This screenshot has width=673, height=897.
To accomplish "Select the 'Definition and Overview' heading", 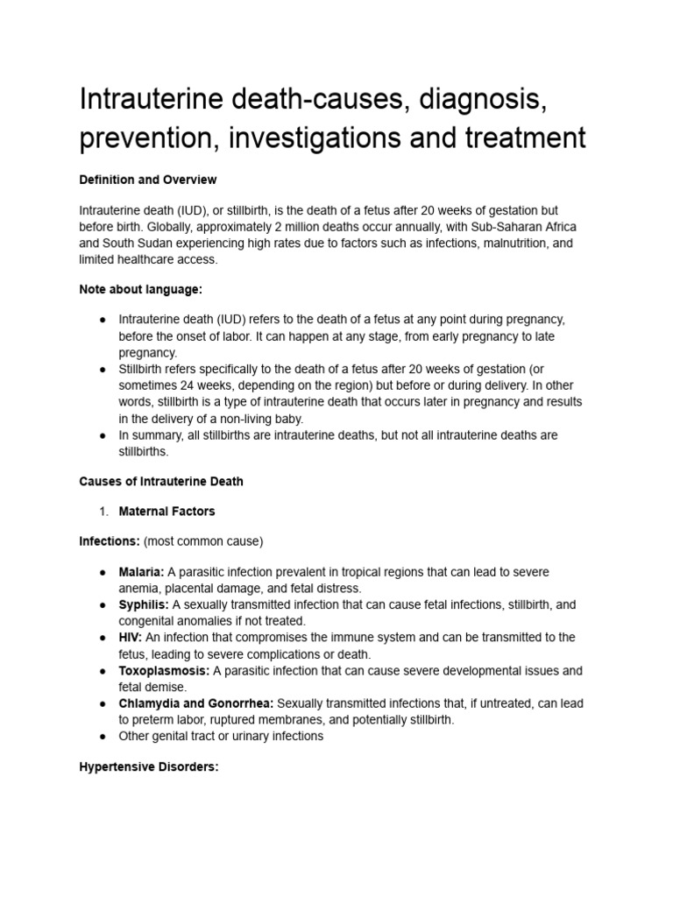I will point(147,180).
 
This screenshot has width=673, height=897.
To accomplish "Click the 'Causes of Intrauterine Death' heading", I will point(161,481).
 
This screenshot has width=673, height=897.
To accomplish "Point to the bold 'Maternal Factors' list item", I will point(166,511).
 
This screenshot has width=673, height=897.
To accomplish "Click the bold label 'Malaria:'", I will point(141,572).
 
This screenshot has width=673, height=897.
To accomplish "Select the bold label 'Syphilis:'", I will point(144,604).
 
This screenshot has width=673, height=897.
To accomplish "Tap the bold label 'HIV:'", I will point(131,637).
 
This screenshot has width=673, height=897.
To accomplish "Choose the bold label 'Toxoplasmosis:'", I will point(164,670).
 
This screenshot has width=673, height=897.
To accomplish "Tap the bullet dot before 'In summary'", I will point(103,435).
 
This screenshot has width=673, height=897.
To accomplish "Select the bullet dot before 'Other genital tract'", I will point(103,737).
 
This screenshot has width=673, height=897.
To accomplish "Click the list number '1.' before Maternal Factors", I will point(103,511).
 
